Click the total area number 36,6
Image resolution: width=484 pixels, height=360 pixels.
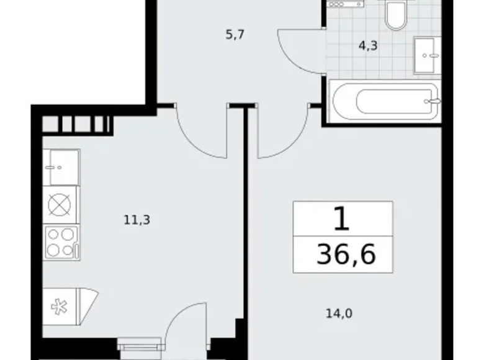point(345,254)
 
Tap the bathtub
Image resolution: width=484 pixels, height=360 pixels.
point(385,101)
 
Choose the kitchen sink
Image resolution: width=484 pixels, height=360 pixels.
point(61,167)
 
